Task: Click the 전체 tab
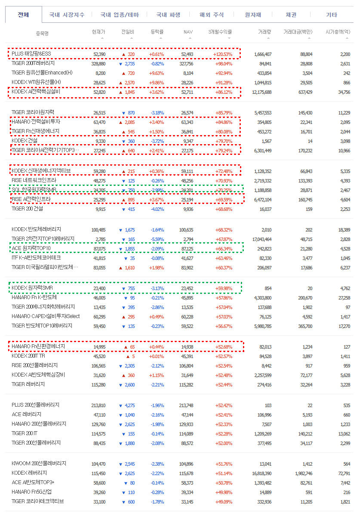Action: point(23,15)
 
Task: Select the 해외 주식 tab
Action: point(212,15)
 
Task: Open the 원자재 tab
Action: point(253,15)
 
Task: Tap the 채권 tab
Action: point(291,15)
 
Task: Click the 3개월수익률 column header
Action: point(220,32)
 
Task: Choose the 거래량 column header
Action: point(265,32)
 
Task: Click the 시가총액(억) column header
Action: point(338,32)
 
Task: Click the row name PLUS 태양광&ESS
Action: point(31,54)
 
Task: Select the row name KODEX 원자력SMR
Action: point(32,288)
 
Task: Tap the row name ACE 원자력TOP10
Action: point(31,248)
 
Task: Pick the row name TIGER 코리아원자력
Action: point(33,112)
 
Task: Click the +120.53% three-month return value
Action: point(223,54)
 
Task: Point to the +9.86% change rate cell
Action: point(157,83)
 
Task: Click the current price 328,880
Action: point(98,64)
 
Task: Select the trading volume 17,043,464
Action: point(262,239)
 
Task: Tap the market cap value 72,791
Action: point(345,473)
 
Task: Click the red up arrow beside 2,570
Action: point(121,83)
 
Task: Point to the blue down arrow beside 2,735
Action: point(121,64)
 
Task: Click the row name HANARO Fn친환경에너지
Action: point(38,346)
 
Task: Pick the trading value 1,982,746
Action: point(304,473)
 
